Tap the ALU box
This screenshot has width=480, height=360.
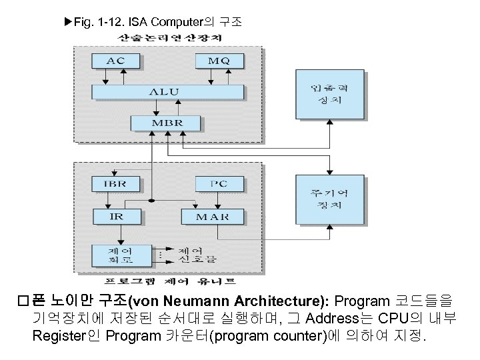tap(167, 92)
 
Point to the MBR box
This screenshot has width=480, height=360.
tap(166, 123)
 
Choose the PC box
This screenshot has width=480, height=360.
tap(219, 183)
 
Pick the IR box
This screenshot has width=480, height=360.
tap(116, 216)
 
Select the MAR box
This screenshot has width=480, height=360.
tap(213, 216)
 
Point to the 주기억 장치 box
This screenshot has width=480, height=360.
tap(330, 199)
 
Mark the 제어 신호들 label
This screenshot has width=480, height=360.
tap(196, 255)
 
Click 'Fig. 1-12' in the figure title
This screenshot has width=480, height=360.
tap(95, 21)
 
